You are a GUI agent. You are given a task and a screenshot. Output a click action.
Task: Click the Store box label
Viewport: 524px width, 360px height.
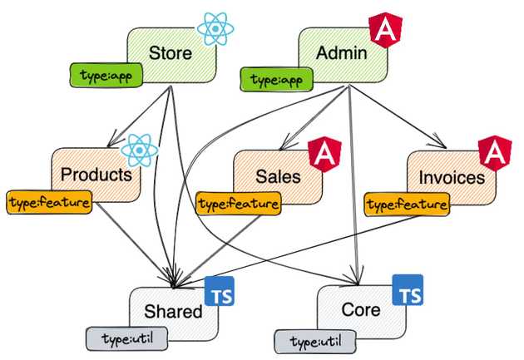[x=171, y=54]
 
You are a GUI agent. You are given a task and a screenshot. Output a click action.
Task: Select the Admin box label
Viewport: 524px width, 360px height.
[x=342, y=54]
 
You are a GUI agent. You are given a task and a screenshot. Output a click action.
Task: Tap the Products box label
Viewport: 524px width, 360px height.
[x=96, y=175]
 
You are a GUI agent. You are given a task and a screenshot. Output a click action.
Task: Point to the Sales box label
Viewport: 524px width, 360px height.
[x=278, y=176]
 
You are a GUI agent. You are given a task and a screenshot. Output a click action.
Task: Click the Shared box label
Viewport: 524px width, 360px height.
[x=173, y=312]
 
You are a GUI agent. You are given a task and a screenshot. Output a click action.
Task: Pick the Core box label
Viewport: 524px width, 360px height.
[x=361, y=310]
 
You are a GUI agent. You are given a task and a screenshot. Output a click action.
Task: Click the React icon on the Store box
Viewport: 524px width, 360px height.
[x=215, y=28]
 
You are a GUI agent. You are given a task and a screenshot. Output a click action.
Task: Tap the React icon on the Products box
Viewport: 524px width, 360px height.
[x=138, y=150]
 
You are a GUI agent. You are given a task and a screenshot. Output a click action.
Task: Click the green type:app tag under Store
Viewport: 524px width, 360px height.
[x=106, y=76]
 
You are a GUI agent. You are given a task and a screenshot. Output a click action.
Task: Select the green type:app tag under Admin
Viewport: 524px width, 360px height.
[x=277, y=80]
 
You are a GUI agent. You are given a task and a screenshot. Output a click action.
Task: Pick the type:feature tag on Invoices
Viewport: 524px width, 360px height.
[x=408, y=203]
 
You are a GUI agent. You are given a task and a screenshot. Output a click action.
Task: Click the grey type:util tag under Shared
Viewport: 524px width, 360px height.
[x=121, y=338]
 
